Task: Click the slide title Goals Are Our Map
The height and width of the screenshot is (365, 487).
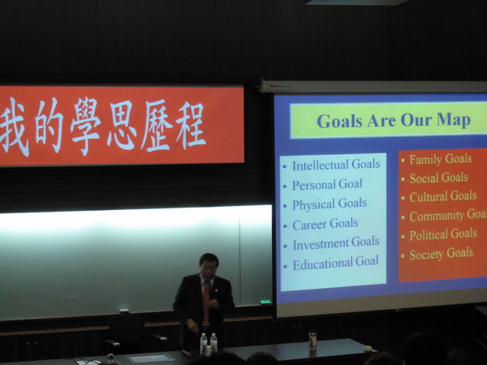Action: click(394, 120)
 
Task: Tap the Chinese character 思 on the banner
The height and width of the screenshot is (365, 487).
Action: click(122, 125)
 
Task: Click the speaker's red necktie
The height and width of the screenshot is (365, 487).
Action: click(205, 303)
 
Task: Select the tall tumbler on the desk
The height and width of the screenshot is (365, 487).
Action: click(312, 340)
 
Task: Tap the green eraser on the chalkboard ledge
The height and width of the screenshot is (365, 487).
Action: click(265, 302)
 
